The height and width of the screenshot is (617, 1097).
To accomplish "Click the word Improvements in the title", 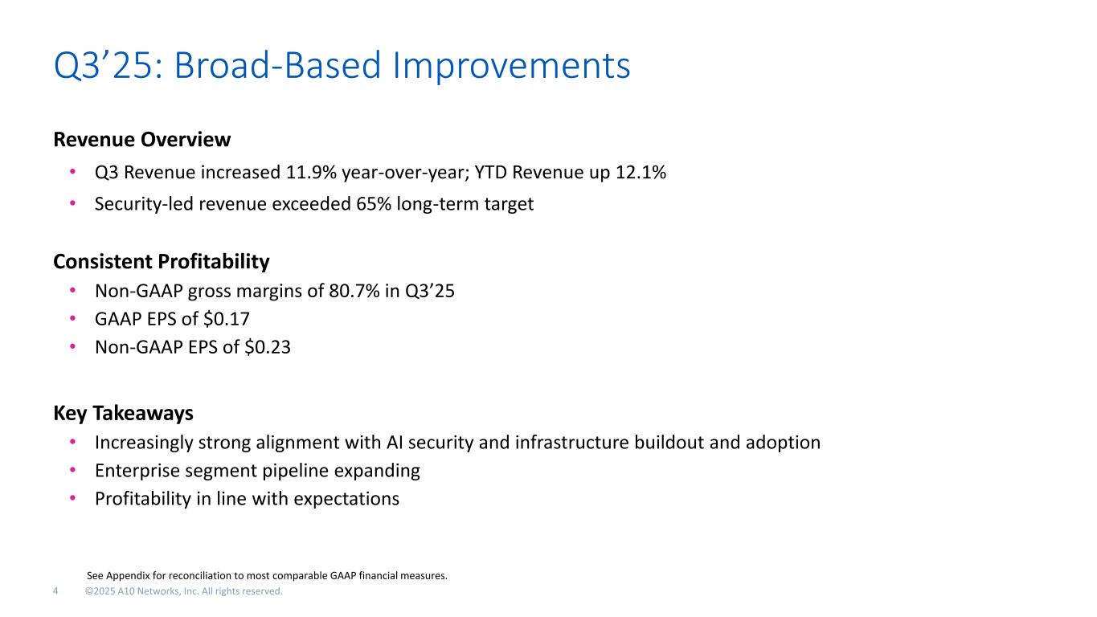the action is click(511, 66).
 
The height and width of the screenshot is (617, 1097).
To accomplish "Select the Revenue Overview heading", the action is click(142, 140).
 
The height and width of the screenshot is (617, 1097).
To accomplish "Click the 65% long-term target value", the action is click(374, 204).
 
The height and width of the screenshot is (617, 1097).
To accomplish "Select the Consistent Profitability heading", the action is click(161, 262).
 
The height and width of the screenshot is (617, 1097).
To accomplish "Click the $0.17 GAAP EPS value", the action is click(227, 319).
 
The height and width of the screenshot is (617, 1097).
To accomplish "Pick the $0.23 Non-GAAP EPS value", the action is click(268, 347).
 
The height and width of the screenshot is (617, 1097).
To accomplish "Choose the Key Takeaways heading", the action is click(124, 414).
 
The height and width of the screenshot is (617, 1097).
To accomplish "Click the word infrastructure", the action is click(571, 443).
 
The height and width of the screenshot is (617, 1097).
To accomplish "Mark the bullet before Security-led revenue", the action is click(72, 202).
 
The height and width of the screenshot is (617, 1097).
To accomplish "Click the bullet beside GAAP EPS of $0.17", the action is click(72, 318).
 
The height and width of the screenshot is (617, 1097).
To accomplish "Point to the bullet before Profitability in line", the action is click(72, 498).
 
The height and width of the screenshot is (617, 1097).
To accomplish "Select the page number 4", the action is click(55, 591).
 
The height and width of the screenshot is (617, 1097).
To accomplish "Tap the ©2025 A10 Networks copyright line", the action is click(184, 591).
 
